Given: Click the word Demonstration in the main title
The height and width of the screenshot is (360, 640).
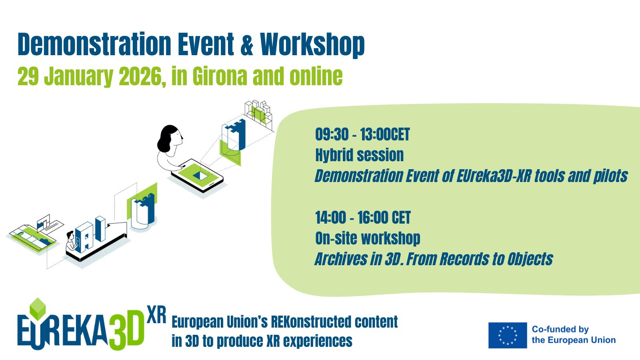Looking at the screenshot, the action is (94, 44).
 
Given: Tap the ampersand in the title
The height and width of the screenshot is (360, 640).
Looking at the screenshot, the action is (247, 44).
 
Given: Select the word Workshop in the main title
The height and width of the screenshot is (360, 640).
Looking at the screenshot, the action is (312, 46).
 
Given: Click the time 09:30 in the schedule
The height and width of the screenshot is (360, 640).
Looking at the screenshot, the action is (332, 134).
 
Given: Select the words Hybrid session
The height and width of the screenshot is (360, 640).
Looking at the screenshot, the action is (360, 155).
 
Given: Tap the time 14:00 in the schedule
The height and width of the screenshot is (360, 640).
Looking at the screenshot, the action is (330, 218).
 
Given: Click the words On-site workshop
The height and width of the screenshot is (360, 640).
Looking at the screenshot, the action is (368, 238).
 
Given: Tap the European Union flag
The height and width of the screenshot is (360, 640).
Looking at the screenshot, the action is (508, 335).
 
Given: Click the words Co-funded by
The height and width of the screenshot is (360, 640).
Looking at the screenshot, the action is (560, 330).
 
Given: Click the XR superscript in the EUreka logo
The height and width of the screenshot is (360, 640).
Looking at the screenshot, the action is (156, 315).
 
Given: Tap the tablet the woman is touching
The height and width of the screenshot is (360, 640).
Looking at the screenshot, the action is (197, 176).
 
